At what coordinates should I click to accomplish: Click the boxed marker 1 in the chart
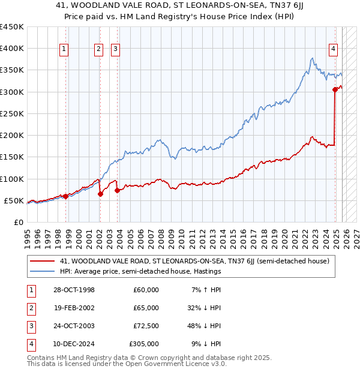64,50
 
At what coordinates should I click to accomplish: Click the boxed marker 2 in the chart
98,50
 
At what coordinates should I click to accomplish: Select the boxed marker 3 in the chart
115,50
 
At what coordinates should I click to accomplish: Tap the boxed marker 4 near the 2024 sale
333,50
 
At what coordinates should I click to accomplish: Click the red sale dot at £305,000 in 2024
335,90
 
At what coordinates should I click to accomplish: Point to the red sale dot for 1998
65,196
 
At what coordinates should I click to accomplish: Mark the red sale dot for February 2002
100,194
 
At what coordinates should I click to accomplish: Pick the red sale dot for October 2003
117,190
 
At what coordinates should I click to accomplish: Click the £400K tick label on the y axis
12,49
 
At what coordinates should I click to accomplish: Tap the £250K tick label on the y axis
12,113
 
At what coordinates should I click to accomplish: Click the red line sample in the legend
41,261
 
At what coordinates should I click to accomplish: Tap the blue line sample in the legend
41,271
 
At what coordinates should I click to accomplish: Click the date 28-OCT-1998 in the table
74,290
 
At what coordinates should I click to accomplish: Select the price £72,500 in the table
146,326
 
